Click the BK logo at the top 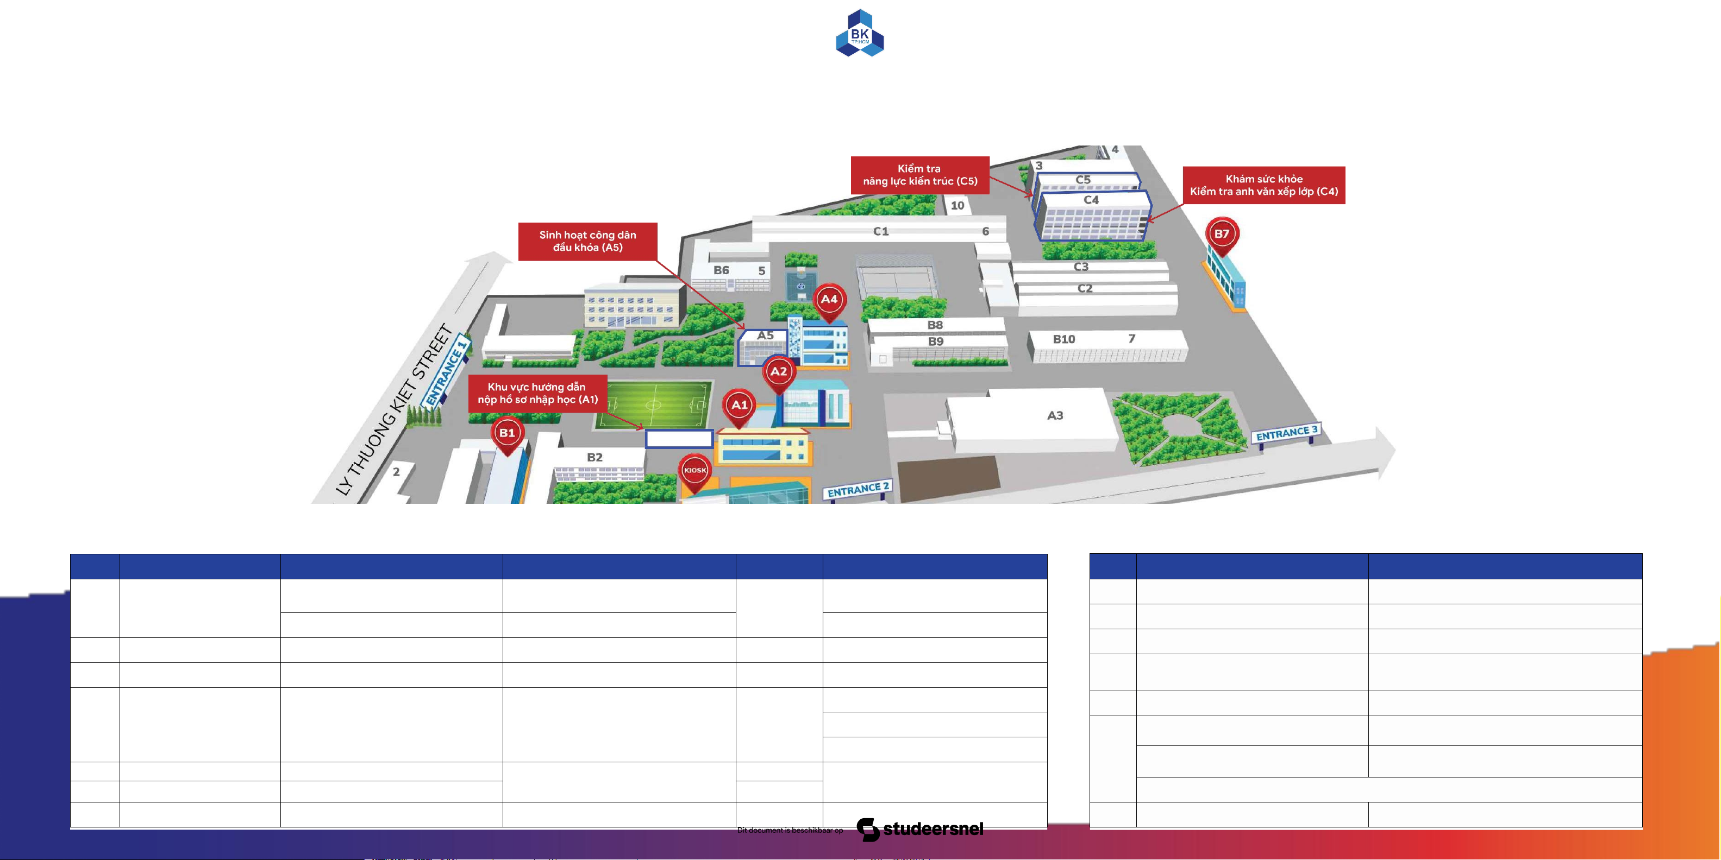pos(860,33)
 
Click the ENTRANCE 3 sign pos(1287,433)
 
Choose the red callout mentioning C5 pos(920,175)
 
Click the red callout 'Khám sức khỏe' pos(1264,185)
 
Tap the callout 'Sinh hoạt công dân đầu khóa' pos(588,241)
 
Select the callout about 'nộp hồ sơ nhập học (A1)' pos(538,393)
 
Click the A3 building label pos(1055,415)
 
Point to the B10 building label pos(1064,339)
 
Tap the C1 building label pos(881,231)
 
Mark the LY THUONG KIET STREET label pos(394,410)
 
